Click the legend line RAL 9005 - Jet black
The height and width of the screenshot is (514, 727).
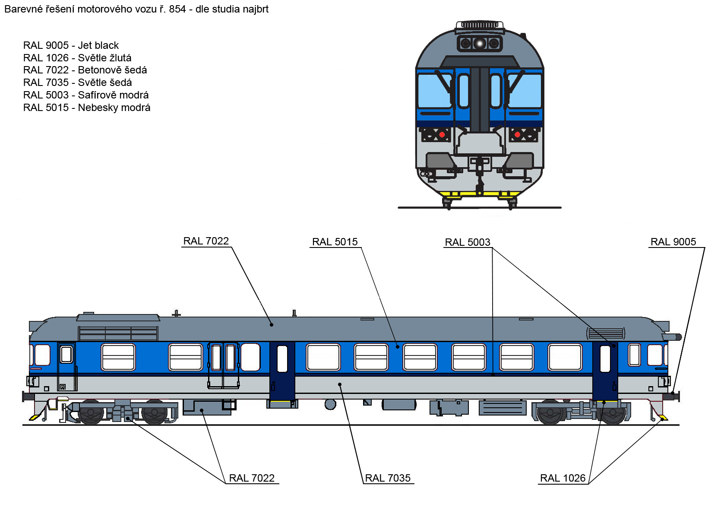pos(71,45)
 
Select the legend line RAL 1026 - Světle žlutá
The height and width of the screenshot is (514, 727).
pos(77,58)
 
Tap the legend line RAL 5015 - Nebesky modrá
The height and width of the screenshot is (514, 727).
pos(87,108)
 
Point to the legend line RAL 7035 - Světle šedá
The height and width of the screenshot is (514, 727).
pos(77,82)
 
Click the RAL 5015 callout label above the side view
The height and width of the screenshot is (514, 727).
pos(335,242)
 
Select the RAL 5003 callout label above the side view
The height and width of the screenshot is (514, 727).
pos(468,242)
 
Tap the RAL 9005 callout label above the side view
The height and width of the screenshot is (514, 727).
pos(673,242)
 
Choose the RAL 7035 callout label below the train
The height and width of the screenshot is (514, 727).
pos(388,478)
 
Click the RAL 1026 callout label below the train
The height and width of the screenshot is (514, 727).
pos(563,478)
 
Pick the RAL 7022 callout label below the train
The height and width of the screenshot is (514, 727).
pos(252,478)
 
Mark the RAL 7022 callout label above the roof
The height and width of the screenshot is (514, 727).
pos(206,241)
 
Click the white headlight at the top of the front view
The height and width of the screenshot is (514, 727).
pos(479,44)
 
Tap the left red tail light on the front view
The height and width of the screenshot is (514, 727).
pos(442,134)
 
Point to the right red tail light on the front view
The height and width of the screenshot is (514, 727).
pos(517,134)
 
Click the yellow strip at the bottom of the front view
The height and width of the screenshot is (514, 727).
pos(480,194)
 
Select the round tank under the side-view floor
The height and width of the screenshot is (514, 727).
pos(330,404)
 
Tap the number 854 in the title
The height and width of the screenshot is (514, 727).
pos(177,9)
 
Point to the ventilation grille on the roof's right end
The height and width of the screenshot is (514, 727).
pos(606,333)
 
